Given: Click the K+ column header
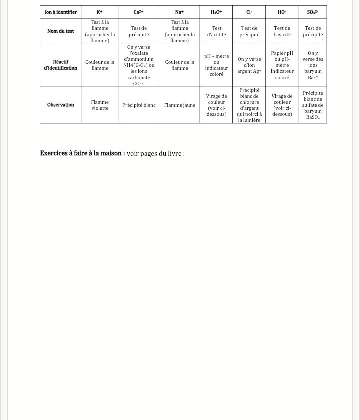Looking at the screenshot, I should [100, 12].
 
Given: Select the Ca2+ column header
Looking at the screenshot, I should [139, 12].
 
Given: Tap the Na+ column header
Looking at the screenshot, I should [179, 12].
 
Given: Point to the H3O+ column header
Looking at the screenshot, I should [216, 12].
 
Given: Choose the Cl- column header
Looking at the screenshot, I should [249, 12].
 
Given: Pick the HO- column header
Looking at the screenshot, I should [282, 12].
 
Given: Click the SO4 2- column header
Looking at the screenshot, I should [313, 12].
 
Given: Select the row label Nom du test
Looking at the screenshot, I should [61, 31].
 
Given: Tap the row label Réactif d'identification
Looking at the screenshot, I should [61, 65].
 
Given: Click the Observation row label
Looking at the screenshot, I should [61, 105].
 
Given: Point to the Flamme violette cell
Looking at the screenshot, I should [100, 105].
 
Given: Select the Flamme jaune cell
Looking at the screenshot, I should [179, 105].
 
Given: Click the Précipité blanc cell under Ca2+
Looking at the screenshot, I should [139, 105].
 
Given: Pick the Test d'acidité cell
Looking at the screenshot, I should [216, 31].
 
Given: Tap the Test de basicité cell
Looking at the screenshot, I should [282, 31].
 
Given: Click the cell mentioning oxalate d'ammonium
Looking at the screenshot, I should [139, 65].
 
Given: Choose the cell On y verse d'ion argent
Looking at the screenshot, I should [249, 65].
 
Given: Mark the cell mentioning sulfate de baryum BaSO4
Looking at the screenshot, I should [313, 105].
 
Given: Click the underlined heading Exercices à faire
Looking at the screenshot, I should [82, 153].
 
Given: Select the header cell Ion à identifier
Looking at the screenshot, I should [61, 12].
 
